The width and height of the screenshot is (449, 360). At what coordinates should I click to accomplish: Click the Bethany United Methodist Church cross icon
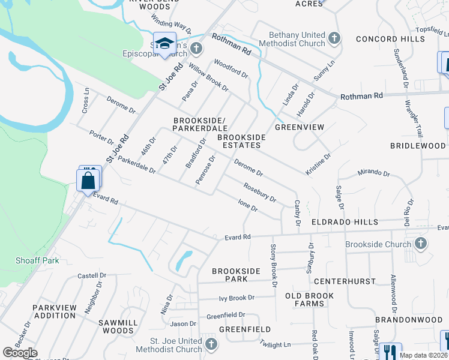coord(334,40)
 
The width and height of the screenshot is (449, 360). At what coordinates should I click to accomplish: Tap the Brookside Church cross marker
coord(421,244)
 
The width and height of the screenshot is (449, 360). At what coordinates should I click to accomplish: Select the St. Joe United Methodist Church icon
coord(210,344)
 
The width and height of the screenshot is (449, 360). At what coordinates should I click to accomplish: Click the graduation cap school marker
coord(163,44)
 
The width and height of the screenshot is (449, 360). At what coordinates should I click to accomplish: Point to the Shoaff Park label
coord(29,260)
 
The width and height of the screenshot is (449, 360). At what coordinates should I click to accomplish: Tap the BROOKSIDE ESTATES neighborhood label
coord(241,141)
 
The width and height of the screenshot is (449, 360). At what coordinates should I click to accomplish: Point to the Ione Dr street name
coord(247,205)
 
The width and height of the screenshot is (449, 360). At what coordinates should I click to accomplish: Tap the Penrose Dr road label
coord(205,169)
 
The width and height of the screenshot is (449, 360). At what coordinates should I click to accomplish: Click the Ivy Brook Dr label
coord(237,298)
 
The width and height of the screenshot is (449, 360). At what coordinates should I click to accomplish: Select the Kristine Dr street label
coord(319,164)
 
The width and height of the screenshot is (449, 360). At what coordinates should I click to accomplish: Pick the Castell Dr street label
coord(91,275)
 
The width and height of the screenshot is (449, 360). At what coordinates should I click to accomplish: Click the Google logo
coord(20,353)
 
